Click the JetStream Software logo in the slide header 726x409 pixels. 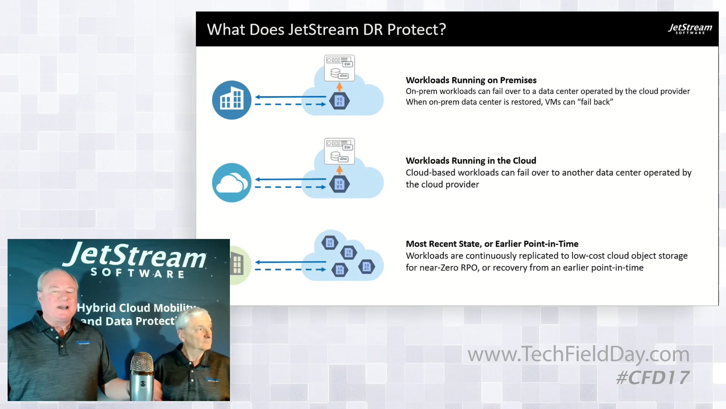690,29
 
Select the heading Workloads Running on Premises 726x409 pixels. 471,80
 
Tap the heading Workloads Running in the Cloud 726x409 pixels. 471,161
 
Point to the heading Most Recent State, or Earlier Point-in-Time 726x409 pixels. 492,244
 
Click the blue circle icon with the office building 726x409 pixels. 231,100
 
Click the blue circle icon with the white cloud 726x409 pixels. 231,183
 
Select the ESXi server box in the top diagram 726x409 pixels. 339,68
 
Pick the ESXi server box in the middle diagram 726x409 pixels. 339,151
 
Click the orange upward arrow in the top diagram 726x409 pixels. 340,87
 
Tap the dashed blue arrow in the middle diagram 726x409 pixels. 290,187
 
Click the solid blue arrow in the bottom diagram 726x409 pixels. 290,262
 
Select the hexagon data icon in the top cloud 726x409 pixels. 340,101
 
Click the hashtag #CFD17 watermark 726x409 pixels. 652,378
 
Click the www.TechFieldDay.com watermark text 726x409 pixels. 578,354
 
